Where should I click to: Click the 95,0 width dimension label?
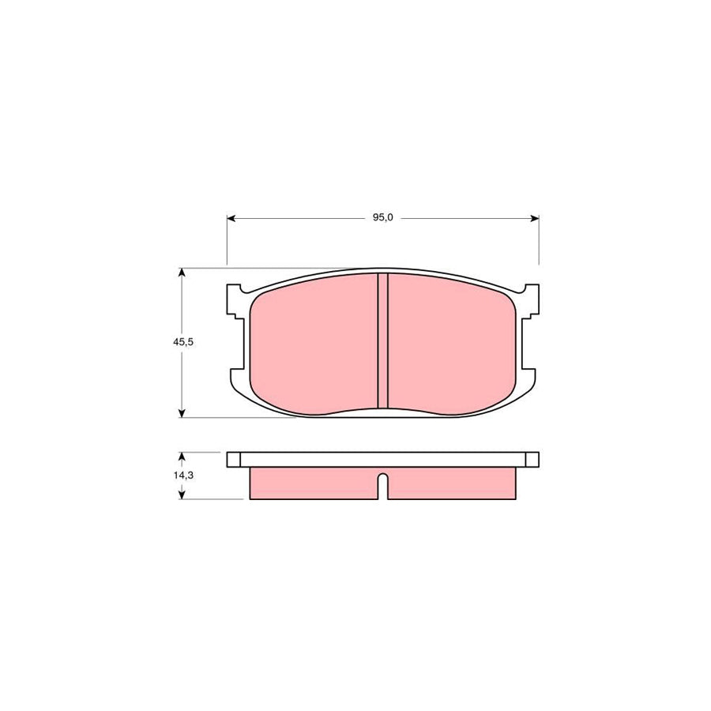(383, 218)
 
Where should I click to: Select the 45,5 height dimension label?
(183, 342)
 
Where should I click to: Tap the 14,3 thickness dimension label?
(183, 476)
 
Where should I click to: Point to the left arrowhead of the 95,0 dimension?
(231, 218)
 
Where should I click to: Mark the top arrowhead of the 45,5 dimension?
(182, 273)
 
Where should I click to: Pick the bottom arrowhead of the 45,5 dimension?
(182, 412)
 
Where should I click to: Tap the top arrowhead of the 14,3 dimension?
(182, 456)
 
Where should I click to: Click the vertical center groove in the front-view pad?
(383, 341)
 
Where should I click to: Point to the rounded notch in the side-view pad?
(383, 480)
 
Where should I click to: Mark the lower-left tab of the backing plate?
(236, 378)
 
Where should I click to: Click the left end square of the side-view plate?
(233, 459)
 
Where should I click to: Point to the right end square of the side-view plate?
(533, 459)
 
